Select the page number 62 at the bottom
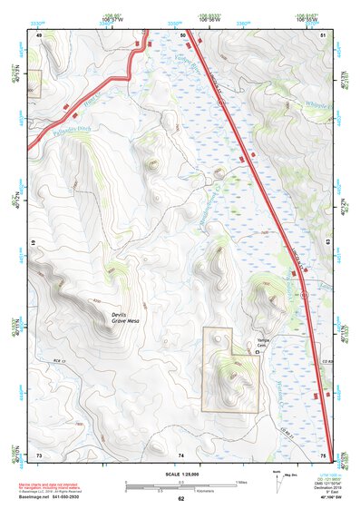(x=180, y=498)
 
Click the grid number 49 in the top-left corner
(x=39, y=35)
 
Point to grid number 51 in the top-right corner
(x=324, y=35)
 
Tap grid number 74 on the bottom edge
(x=181, y=454)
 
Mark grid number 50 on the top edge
(x=184, y=35)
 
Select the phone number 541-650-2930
(x=89, y=498)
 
